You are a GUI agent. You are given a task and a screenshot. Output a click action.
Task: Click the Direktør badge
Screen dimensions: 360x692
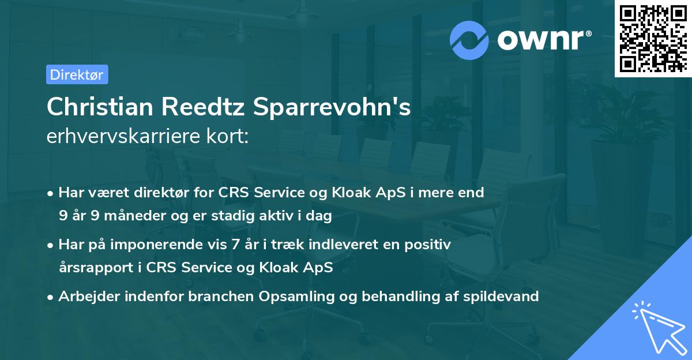click(x=77, y=74)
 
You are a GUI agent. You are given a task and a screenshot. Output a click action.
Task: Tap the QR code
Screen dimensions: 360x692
click(x=652, y=39)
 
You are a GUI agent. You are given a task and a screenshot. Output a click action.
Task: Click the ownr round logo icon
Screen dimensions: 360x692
click(x=469, y=39)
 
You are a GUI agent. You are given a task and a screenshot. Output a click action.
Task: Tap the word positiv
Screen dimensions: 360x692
click(x=429, y=245)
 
